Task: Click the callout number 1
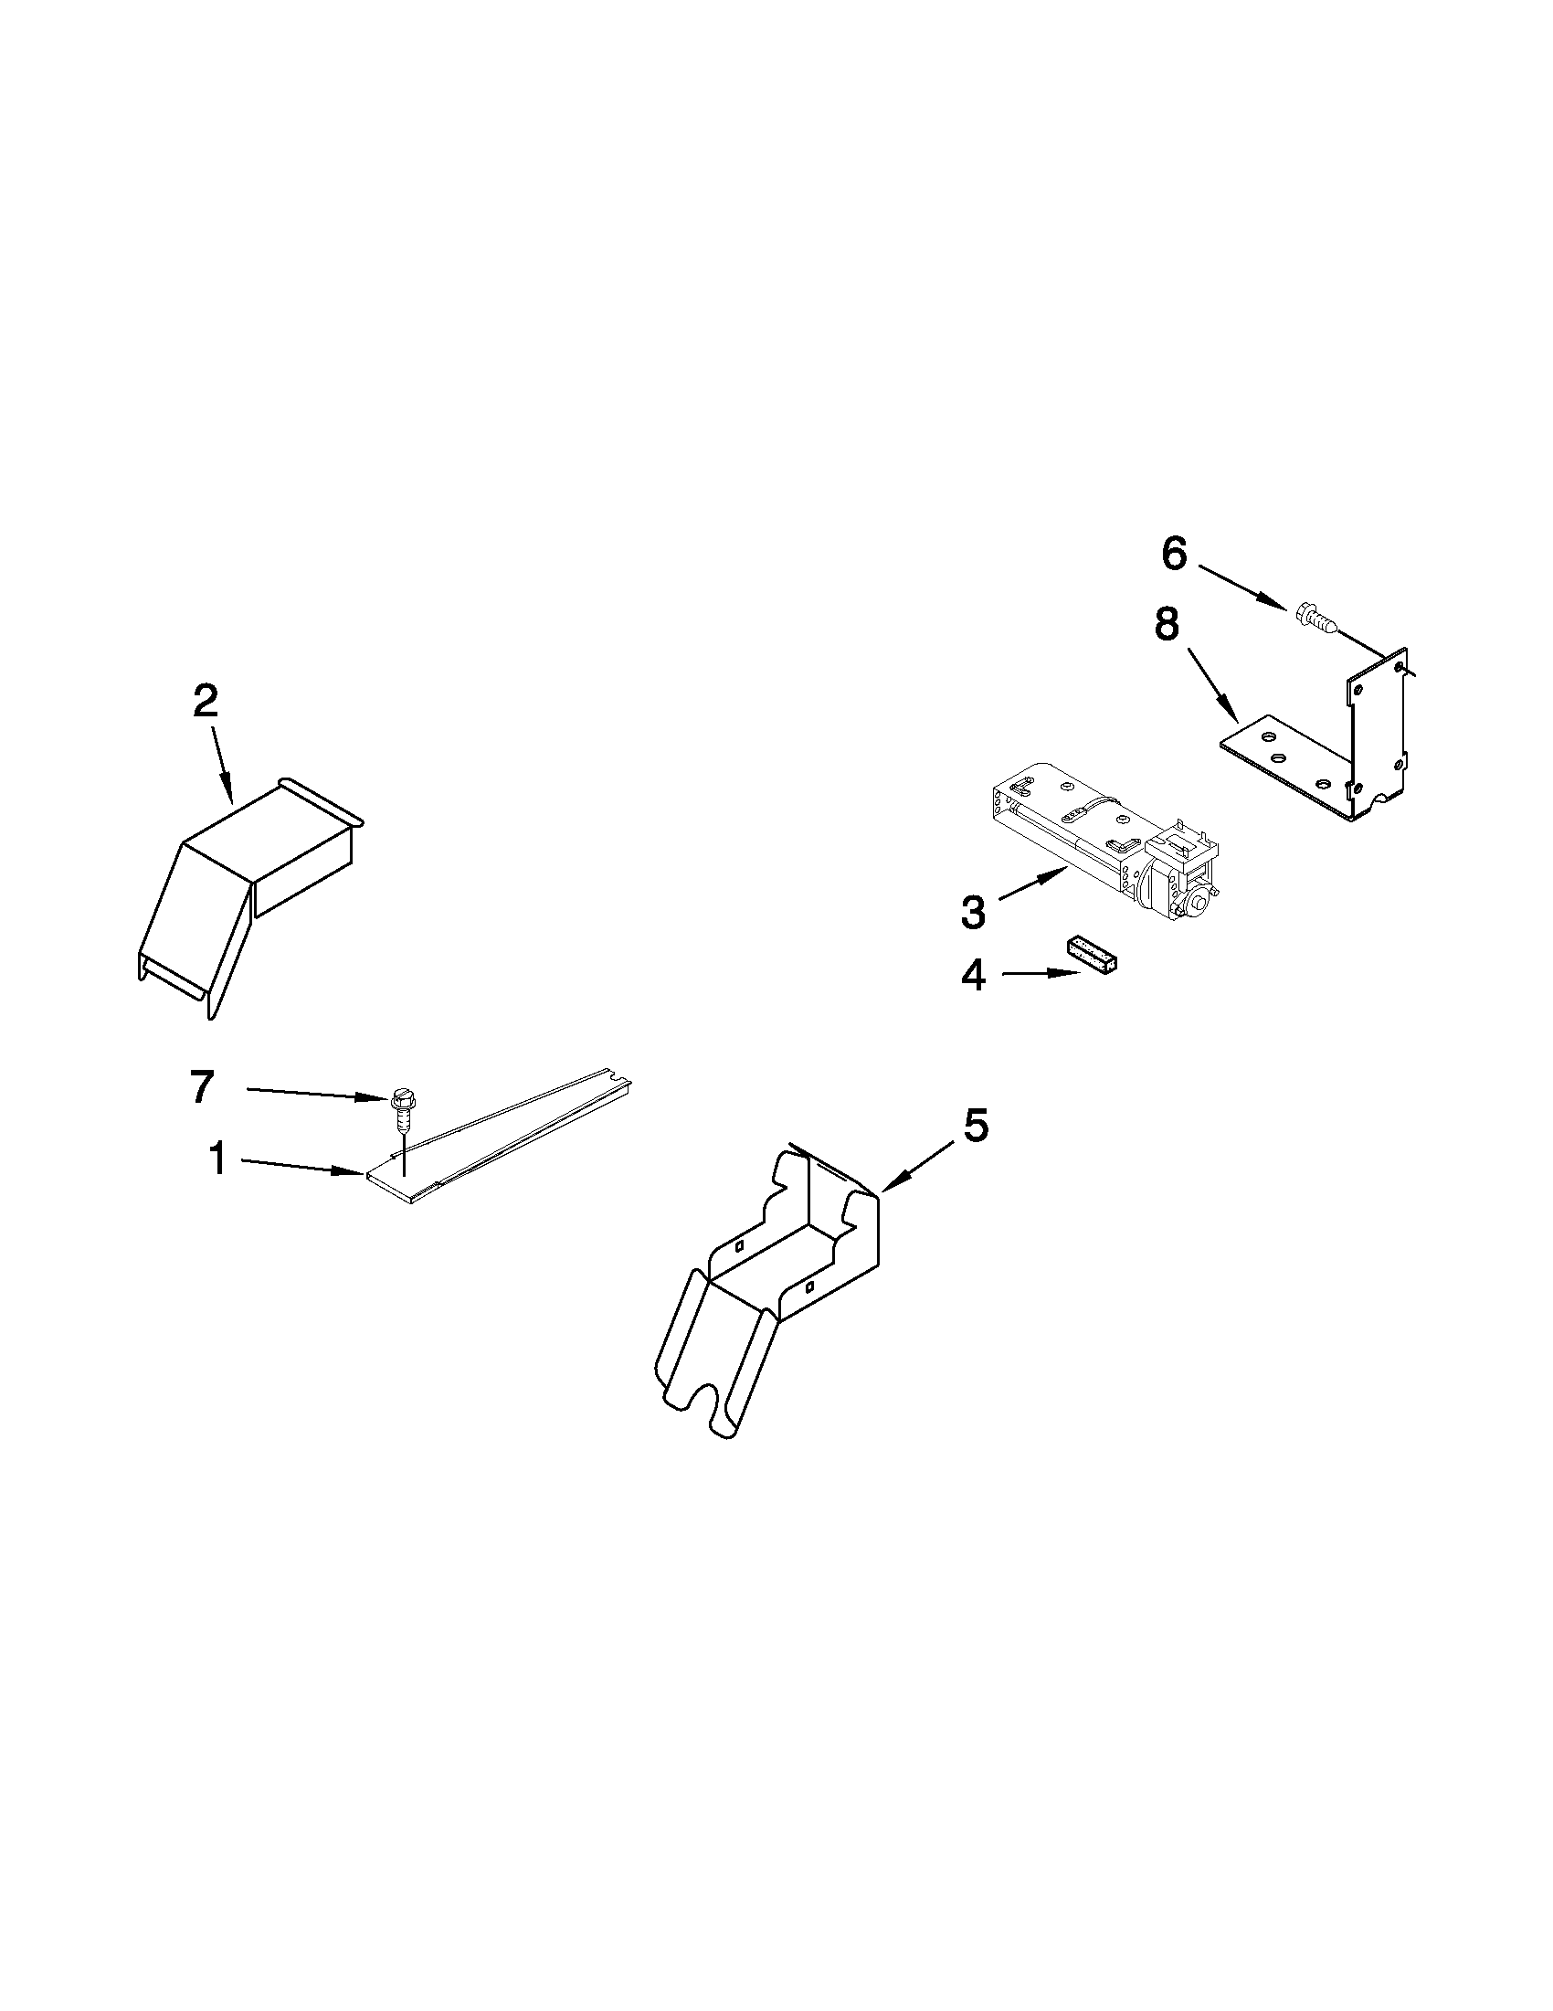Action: tap(217, 1159)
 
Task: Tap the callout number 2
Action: tap(206, 704)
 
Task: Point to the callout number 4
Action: tap(973, 976)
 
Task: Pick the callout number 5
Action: tap(976, 1127)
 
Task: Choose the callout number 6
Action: tap(1174, 555)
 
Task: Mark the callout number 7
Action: tap(203, 1086)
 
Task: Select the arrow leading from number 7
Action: tap(313, 1093)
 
